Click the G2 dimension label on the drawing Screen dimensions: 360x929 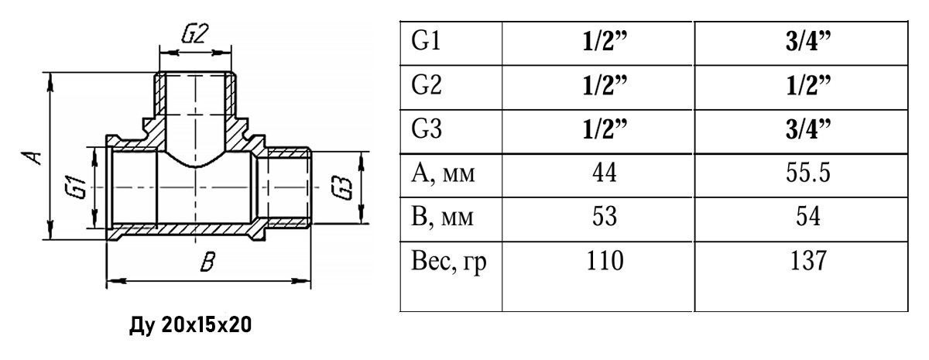tap(196, 35)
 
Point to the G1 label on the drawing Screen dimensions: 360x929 tap(75, 188)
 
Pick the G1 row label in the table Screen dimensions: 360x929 tap(427, 40)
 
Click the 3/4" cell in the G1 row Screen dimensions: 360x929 tap(801, 41)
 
